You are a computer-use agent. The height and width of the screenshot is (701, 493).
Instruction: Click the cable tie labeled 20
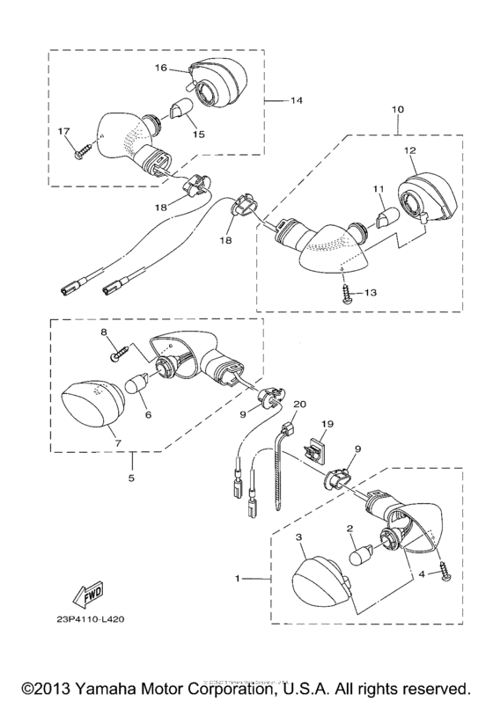[284, 453]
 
